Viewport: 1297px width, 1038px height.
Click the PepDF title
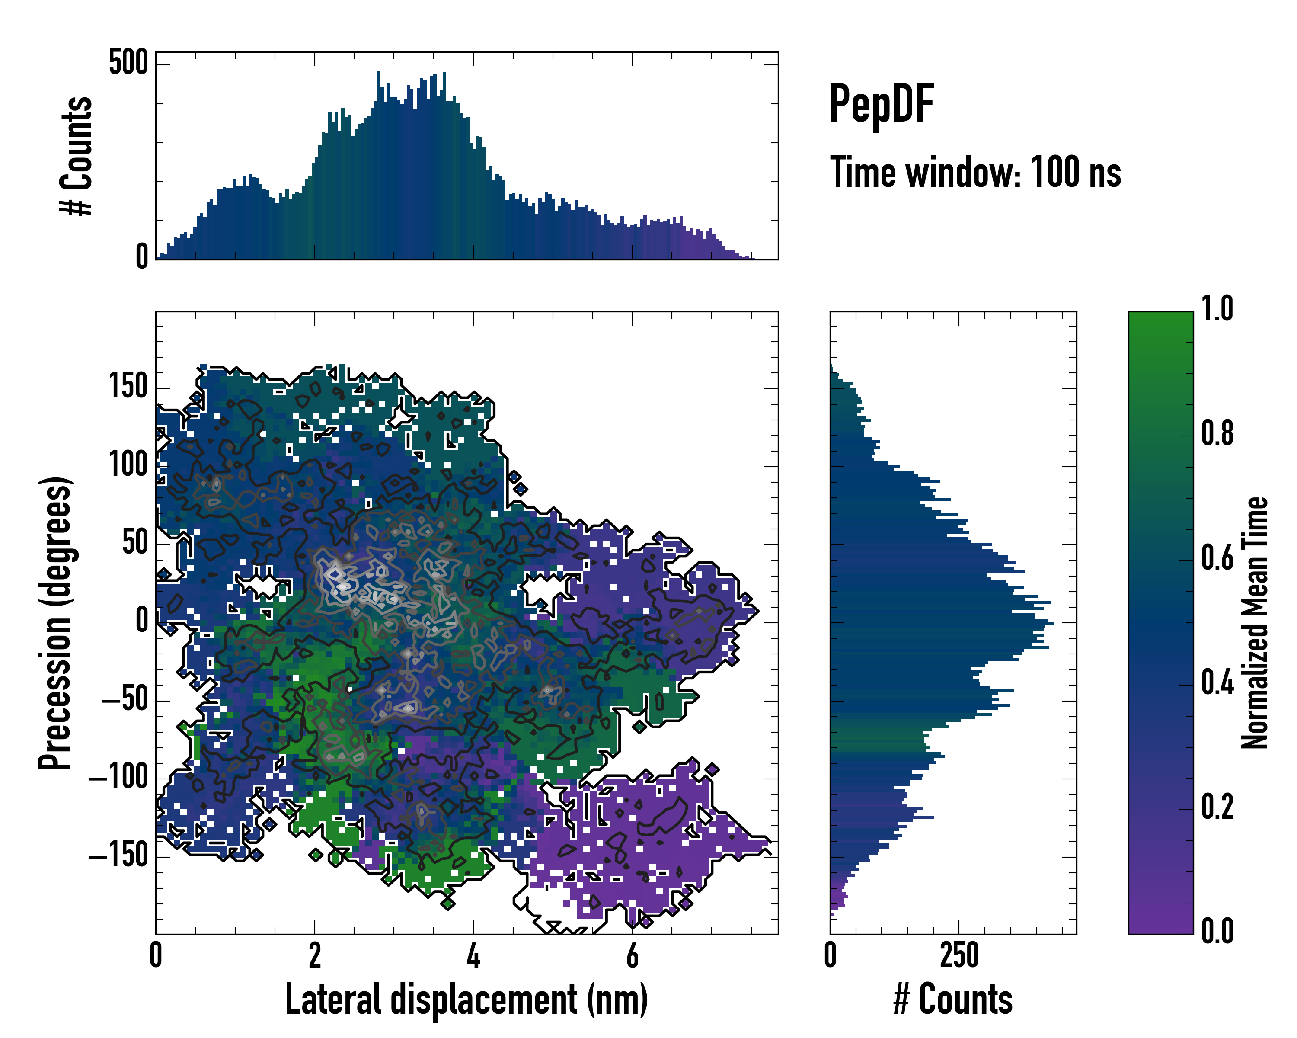(881, 104)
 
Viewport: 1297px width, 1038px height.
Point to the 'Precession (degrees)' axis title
(55, 623)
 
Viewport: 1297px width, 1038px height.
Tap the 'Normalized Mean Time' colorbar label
(1255, 623)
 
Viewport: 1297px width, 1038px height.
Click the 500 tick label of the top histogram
(128, 63)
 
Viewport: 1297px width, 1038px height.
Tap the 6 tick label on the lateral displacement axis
(632, 955)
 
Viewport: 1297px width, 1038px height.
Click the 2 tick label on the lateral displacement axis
(315, 955)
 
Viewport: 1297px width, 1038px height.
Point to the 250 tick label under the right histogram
(959, 955)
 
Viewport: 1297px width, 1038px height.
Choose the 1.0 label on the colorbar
(1217, 309)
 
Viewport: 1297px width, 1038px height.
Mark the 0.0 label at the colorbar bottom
(1217, 932)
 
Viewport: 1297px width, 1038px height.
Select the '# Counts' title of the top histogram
(77, 156)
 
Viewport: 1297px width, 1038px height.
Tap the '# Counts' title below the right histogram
(953, 999)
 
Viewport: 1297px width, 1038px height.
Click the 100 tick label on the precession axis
(128, 465)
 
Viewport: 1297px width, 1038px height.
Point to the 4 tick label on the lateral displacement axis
(473, 955)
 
